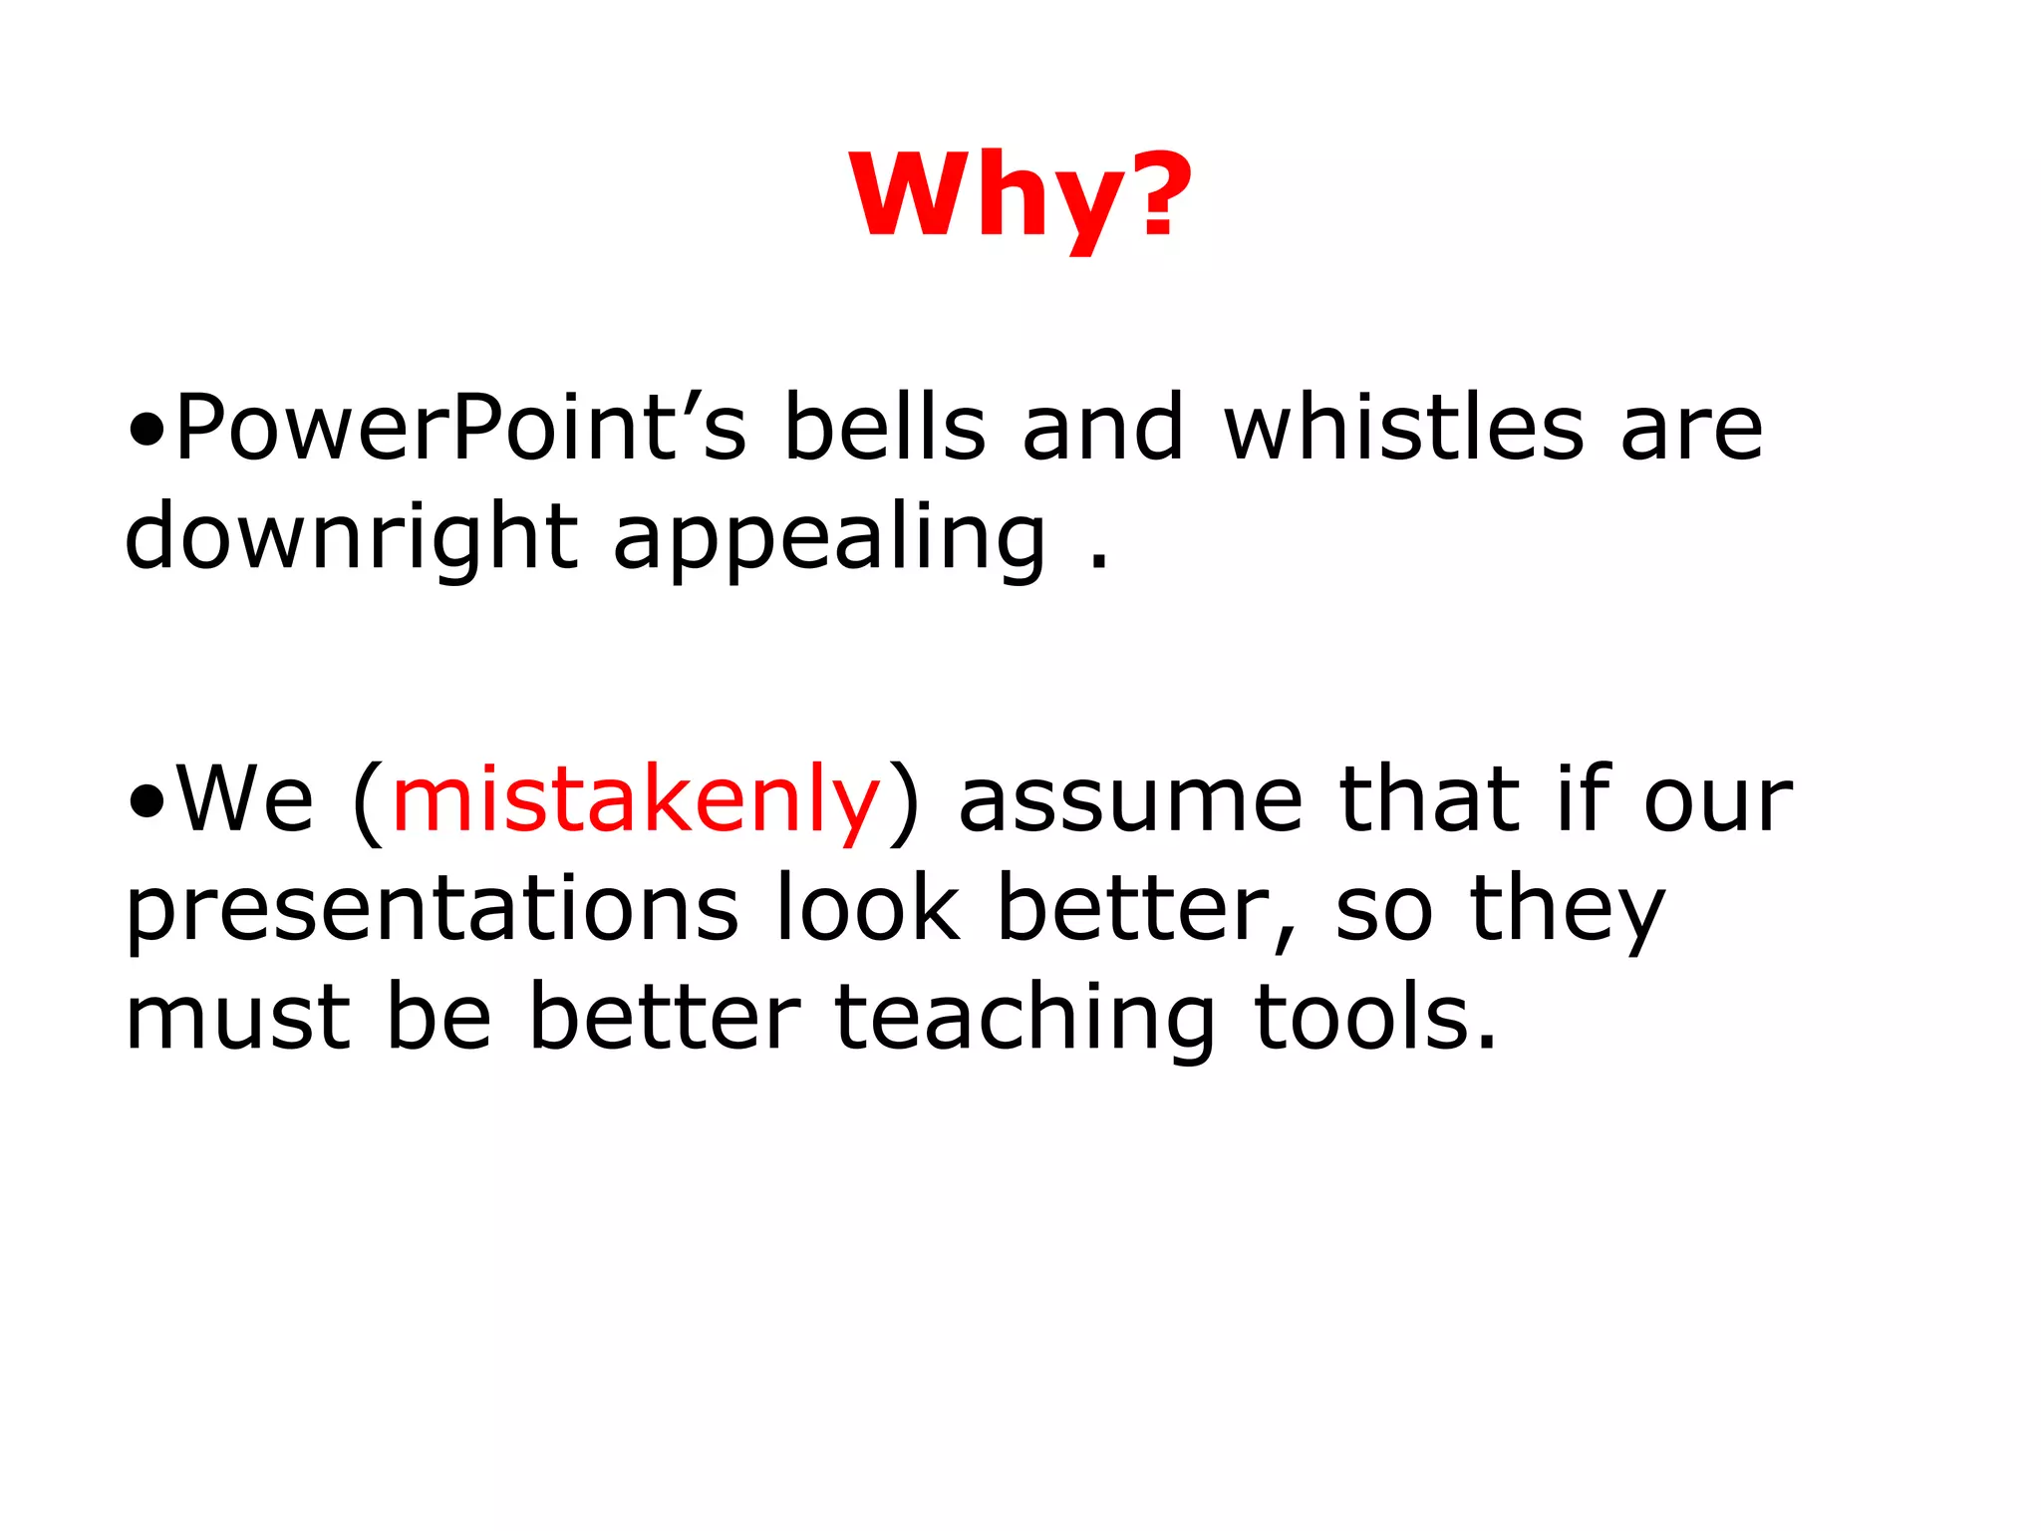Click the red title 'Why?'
pos(1020,195)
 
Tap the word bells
pos(884,429)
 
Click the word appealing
pos(829,538)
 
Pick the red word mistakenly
pos(636,800)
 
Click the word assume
pos(1130,800)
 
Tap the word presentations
pos(432,909)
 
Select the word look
pos(867,909)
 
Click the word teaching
pos(1024,1019)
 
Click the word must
pos(237,1019)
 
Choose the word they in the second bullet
pos(1567,909)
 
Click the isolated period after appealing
pos(1098,562)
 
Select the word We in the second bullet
pos(245,800)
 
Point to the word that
pos(1429,800)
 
